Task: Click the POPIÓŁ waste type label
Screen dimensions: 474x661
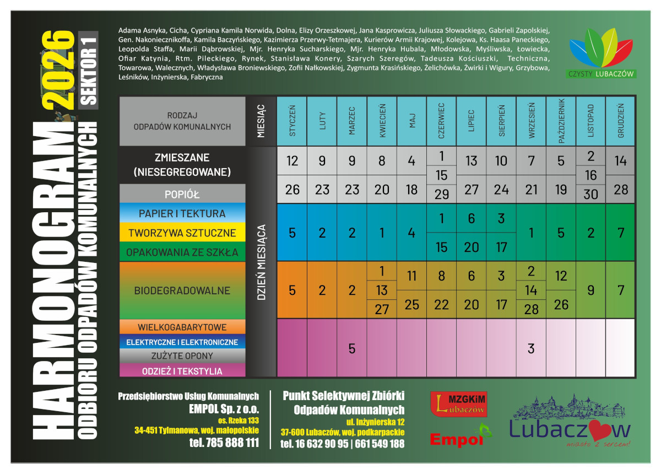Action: point(182,195)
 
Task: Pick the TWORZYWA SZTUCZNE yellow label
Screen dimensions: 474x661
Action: point(182,233)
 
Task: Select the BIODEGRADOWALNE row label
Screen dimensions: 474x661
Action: point(182,290)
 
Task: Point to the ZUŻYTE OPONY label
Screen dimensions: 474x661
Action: point(182,357)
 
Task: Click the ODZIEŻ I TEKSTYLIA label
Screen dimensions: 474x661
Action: point(182,371)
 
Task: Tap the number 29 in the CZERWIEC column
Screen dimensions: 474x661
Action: point(442,194)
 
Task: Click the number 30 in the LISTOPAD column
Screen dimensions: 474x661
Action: point(591,194)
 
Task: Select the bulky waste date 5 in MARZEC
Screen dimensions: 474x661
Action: point(352,348)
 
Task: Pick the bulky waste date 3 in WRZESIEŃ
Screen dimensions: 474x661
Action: point(532,348)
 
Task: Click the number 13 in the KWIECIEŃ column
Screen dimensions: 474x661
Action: point(382,290)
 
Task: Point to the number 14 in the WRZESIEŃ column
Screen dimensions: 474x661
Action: point(532,290)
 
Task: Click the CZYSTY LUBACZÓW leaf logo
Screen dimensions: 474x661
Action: point(602,52)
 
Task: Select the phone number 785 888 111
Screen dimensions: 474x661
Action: point(224,443)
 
